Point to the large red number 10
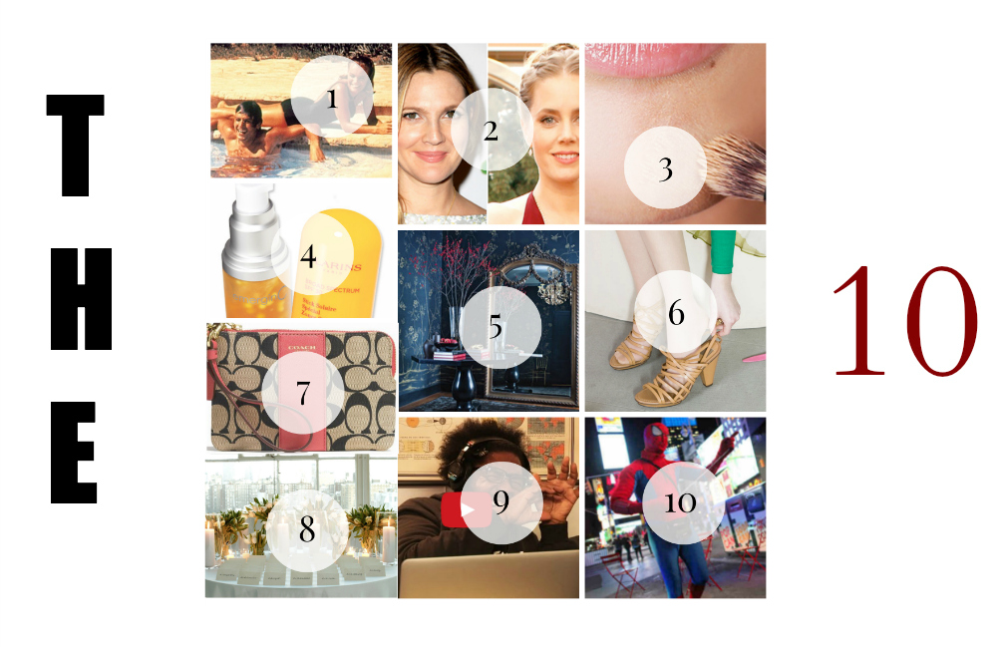click(x=904, y=321)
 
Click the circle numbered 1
click(x=332, y=97)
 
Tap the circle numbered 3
click(x=665, y=167)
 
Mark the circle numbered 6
click(x=676, y=312)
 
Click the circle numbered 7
click(x=303, y=393)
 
